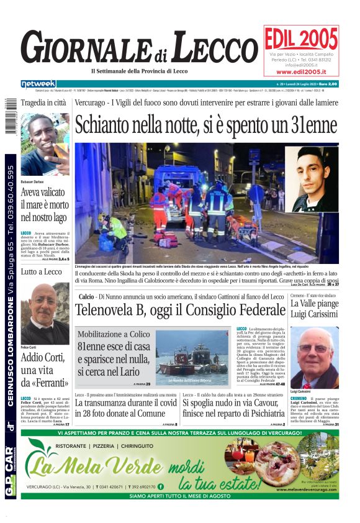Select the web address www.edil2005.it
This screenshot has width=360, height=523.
(x=301, y=72)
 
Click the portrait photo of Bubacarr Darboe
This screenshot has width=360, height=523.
(x=45, y=146)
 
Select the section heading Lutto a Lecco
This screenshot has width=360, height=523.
(x=41, y=271)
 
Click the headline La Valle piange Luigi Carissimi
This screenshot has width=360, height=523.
(x=314, y=310)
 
